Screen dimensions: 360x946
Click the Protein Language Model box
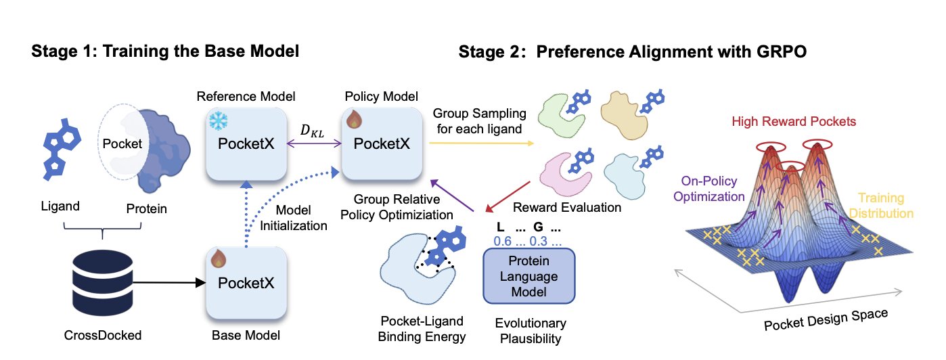pos(528,276)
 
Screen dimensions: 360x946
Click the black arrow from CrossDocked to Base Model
pos(169,283)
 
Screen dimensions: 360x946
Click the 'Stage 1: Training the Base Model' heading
pos(165,51)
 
